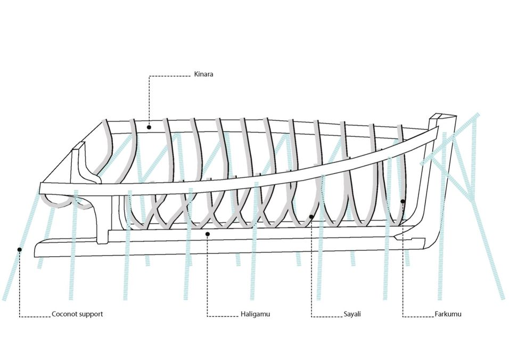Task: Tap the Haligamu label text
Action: click(254, 314)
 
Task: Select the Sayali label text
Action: click(352, 314)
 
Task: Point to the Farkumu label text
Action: click(448, 314)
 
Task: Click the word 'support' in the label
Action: click(91, 314)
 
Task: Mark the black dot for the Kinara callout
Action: click(149, 127)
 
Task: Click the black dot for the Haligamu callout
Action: click(208, 233)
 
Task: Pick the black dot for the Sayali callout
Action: click(311, 217)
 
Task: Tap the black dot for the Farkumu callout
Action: click(403, 201)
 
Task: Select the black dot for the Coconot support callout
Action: click(20, 249)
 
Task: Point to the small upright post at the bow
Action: click(79, 149)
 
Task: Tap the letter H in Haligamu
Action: click(241, 314)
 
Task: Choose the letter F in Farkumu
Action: click(436, 314)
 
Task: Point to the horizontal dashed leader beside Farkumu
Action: click(418, 317)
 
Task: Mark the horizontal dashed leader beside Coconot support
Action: click(35, 317)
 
